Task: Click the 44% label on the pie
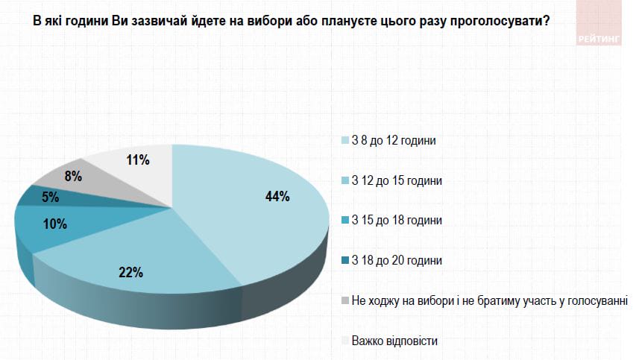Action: (277, 197)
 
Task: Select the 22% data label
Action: (130, 272)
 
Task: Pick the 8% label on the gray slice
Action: (73, 177)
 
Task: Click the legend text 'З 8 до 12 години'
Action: (393, 141)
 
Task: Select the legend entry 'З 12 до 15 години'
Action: (397, 181)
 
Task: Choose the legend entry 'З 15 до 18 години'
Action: (397, 221)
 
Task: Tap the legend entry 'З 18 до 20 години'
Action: (397, 261)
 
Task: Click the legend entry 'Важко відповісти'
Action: (394, 341)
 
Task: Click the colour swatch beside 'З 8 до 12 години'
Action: (344, 141)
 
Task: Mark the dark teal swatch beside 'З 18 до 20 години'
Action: (344, 261)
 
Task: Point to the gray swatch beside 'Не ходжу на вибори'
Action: (344, 300)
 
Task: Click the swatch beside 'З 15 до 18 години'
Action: (344, 221)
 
